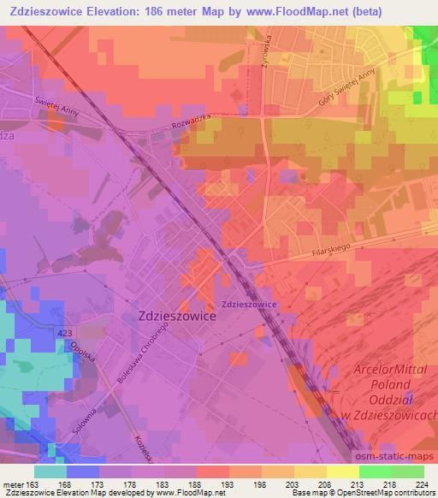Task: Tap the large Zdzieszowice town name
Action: coord(176,315)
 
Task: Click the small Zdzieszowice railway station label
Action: coord(247,304)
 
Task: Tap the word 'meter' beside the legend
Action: coord(15,484)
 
